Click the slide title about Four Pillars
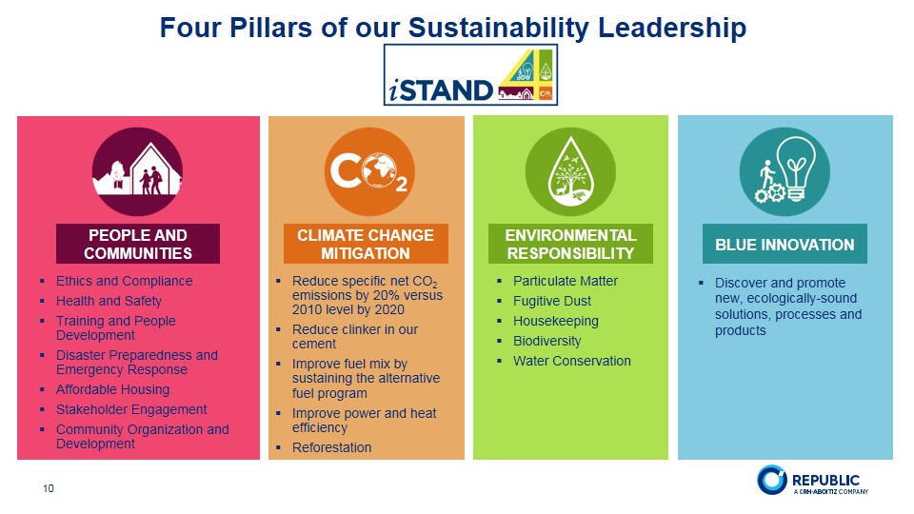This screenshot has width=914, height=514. pyautogui.click(x=452, y=28)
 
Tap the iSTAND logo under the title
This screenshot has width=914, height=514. pyautogui.click(x=470, y=74)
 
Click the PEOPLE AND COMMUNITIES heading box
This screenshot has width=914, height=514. pyautogui.click(x=138, y=244)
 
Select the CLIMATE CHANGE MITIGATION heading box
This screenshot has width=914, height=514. pyautogui.click(x=366, y=244)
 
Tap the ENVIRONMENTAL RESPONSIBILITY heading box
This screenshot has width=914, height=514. pyautogui.click(x=570, y=244)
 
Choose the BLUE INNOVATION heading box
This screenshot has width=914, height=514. pyautogui.click(x=785, y=245)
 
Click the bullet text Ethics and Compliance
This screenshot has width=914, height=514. pyautogui.click(x=124, y=281)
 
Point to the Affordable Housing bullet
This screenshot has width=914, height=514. pyautogui.click(x=112, y=389)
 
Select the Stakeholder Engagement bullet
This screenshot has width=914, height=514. pyautogui.click(x=131, y=409)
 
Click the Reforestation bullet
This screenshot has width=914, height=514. pyautogui.click(x=331, y=447)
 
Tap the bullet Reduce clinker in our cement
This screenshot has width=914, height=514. pyautogui.click(x=354, y=337)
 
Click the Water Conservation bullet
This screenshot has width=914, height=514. pyautogui.click(x=571, y=361)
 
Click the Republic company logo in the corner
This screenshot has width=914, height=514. pyautogui.click(x=811, y=481)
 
